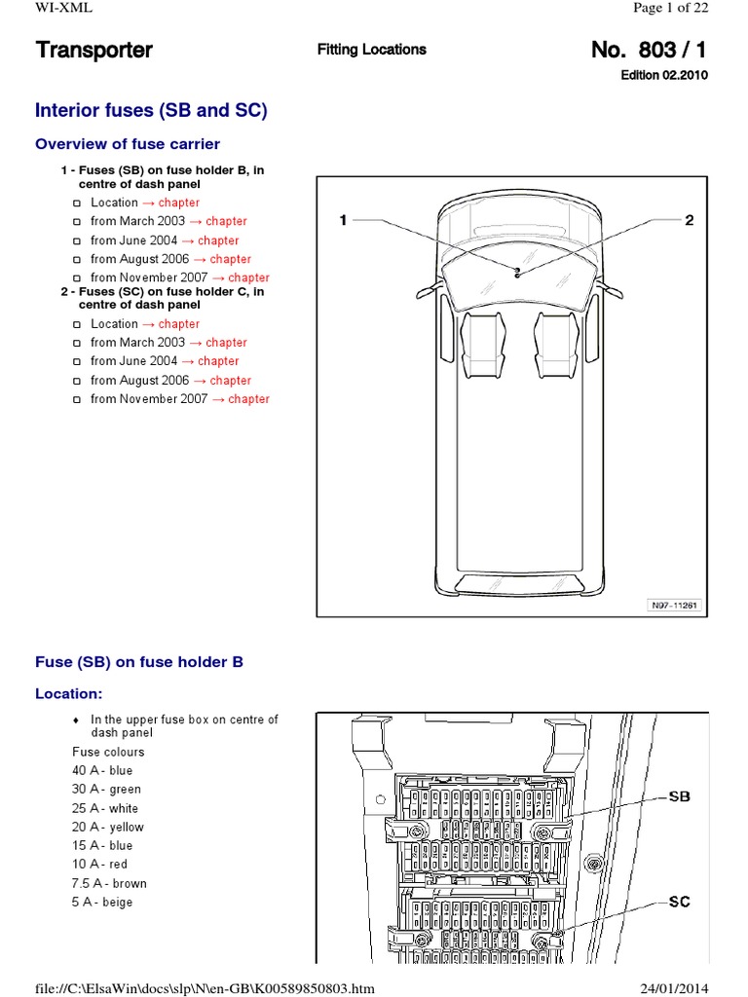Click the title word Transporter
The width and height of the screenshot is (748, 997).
93,50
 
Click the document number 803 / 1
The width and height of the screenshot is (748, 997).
649,50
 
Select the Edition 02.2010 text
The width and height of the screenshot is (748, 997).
664,75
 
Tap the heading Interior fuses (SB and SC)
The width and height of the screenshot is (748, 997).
151,110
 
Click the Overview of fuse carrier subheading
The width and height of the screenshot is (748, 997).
128,144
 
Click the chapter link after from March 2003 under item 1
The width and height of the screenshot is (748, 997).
226,221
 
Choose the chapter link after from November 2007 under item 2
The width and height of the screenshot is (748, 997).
248,399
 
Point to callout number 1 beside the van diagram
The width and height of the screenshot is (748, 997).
342,221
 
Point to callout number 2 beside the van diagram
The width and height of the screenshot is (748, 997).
689,221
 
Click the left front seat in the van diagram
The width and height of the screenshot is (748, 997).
478,345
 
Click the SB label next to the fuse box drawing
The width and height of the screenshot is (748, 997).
679,795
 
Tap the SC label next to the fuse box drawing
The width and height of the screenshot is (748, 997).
679,902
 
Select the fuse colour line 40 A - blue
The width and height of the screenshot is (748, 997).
102,770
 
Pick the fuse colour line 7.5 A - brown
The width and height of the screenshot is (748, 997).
109,883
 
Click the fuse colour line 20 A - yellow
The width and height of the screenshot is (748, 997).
106,827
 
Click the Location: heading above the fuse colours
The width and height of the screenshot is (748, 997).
68,694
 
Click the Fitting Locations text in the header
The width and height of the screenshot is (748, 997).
371,50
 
